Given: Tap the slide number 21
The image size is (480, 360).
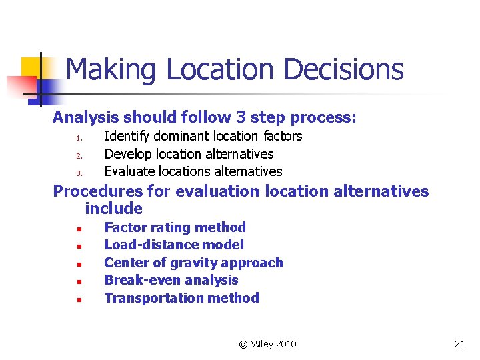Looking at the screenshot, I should click(x=459, y=344).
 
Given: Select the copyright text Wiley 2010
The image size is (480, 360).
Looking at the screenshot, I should click(x=267, y=344).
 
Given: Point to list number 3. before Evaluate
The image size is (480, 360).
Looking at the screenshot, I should click(x=78, y=173).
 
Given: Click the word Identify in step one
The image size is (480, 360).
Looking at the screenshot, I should click(x=127, y=136).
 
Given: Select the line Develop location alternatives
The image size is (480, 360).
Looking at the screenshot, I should click(x=189, y=154).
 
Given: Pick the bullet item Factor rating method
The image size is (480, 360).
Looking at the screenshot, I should click(x=175, y=227).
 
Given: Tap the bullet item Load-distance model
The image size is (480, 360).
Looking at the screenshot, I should click(x=174, y=245).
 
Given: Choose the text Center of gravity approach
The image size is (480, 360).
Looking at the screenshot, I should click(x=193, y=263).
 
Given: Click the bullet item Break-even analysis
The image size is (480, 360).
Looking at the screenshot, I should click(x=171, y=280).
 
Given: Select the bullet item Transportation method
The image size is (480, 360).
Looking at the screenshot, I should click(x=181, y=298).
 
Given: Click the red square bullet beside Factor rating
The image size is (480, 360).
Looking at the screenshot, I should click(x=78, y=229).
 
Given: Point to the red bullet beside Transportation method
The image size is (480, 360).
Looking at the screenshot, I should click(x=78, y=300).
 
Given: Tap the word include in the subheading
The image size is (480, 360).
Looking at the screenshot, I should click(x=113, y=209).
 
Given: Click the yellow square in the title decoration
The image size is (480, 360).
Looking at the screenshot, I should click(x=31, y=67).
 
